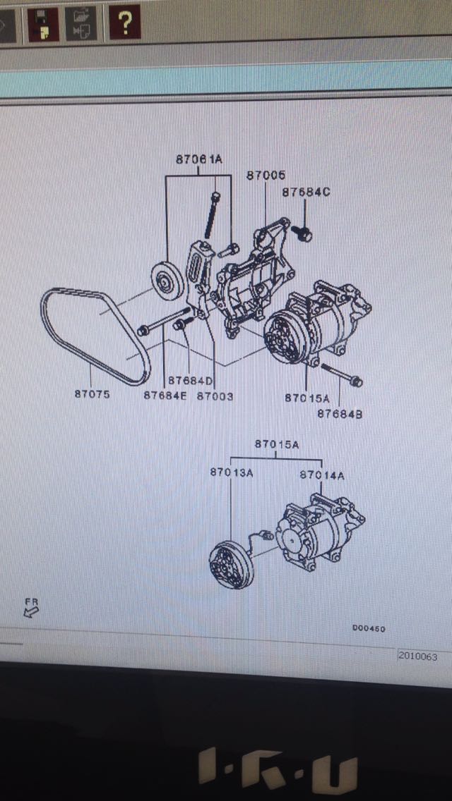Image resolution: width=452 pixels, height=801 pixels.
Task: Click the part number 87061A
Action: (198, 160)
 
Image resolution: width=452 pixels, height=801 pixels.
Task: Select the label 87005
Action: (266, 176)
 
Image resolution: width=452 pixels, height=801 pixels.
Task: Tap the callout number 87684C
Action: (306, 192)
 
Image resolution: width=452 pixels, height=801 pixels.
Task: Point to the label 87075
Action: (92, 395)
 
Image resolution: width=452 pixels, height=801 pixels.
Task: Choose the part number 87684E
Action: (165, 396)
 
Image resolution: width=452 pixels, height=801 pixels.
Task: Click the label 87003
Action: (215, 396)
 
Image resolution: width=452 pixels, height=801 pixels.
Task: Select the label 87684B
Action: (340, 414)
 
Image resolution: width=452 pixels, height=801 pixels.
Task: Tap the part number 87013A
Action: (231, 472)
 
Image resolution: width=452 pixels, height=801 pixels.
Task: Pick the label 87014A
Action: (322, 475)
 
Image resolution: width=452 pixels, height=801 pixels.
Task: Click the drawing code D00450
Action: (369, 628)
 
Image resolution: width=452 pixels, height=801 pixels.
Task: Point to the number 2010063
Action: (417, 656)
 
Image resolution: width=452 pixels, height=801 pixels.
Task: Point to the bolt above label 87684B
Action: (341, 374)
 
